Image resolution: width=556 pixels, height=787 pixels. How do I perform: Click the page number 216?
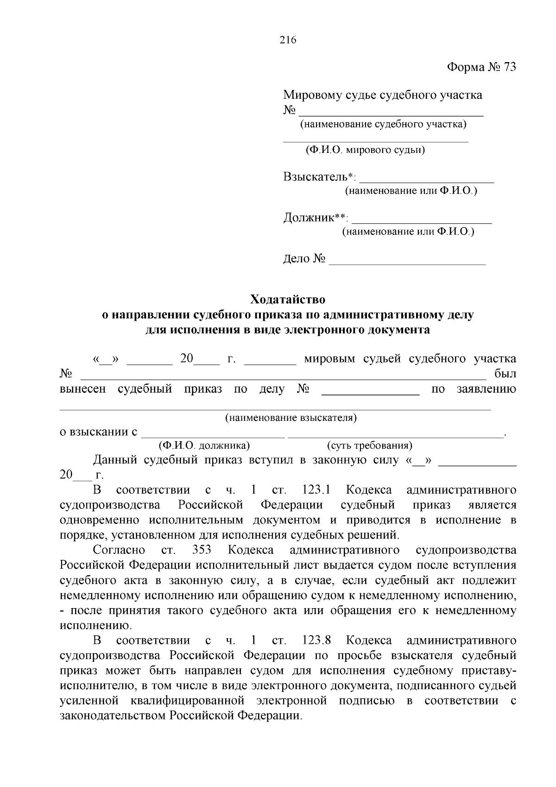point(288,40)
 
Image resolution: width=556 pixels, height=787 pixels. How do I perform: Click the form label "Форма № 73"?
point(481,67)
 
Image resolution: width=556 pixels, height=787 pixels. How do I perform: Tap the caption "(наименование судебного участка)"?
point(383,124)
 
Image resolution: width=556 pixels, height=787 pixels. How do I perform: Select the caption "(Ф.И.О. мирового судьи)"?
point(365,150)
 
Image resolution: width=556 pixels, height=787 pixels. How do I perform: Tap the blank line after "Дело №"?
point(407,262)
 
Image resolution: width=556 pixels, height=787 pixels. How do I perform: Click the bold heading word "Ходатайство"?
point(288,299)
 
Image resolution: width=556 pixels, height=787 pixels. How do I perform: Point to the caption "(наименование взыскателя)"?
point(291,418)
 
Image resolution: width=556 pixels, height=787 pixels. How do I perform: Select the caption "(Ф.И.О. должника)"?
point(204,446)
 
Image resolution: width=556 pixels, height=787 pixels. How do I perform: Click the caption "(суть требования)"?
point(370,446)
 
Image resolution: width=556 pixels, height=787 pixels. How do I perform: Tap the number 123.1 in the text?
point(316,490)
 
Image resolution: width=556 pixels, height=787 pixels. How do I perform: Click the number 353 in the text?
point(201,550)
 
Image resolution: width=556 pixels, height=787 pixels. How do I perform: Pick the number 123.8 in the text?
point(316,641)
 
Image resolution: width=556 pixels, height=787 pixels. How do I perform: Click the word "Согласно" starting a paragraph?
point(119,550)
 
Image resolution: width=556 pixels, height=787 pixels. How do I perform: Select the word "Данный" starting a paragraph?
point(115,460)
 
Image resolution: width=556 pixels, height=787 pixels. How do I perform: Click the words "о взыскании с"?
point(99,432)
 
